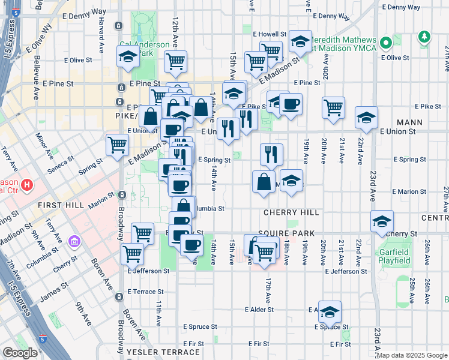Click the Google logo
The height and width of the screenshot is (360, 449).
click(20, 353)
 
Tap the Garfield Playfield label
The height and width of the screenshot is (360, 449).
click(394, 257)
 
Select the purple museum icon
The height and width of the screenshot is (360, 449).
click(74, 241)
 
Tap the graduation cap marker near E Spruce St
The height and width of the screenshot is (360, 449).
click(330, 311)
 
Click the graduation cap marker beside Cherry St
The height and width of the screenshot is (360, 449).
click(382, 221)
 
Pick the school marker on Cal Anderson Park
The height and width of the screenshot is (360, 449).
click(128, 57)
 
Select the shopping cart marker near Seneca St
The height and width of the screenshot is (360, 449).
click(117, 144)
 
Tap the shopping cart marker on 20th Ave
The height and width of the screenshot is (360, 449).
click(333, 107)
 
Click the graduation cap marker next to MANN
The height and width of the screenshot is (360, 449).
click(366, 118)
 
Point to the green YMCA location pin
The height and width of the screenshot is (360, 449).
click(386, 43)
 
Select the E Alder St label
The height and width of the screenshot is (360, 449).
click(259, 310)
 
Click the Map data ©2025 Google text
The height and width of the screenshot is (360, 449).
click(412, 355)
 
